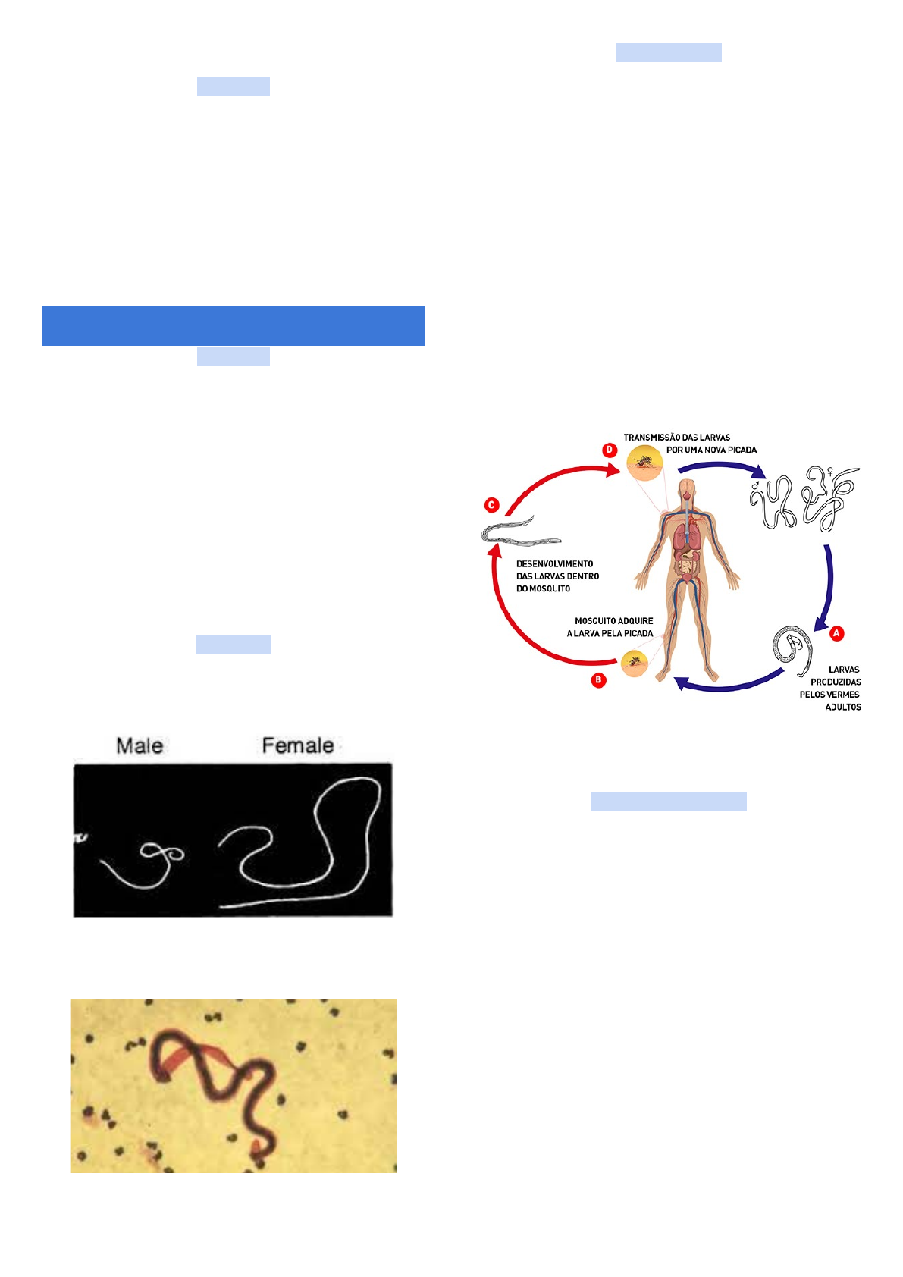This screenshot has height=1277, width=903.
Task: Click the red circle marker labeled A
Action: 837,633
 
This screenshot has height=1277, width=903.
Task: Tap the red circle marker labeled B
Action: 599,679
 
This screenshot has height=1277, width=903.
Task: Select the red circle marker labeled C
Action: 492,505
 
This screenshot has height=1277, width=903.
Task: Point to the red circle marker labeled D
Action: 610,450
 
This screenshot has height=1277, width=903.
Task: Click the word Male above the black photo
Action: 140,745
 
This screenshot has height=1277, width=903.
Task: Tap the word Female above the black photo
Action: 298,745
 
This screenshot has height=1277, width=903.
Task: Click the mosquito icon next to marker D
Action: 644,462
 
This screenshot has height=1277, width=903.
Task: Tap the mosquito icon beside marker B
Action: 635,664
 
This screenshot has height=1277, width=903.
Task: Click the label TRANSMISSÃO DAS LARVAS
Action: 676,438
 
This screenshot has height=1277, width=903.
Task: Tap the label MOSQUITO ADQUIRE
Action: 613,621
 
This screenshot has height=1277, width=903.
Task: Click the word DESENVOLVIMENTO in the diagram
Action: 554,564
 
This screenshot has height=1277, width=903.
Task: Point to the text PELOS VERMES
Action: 829,695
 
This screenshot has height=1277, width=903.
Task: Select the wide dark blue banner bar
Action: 233,326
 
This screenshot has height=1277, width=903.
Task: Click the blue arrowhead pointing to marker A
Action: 820,625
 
